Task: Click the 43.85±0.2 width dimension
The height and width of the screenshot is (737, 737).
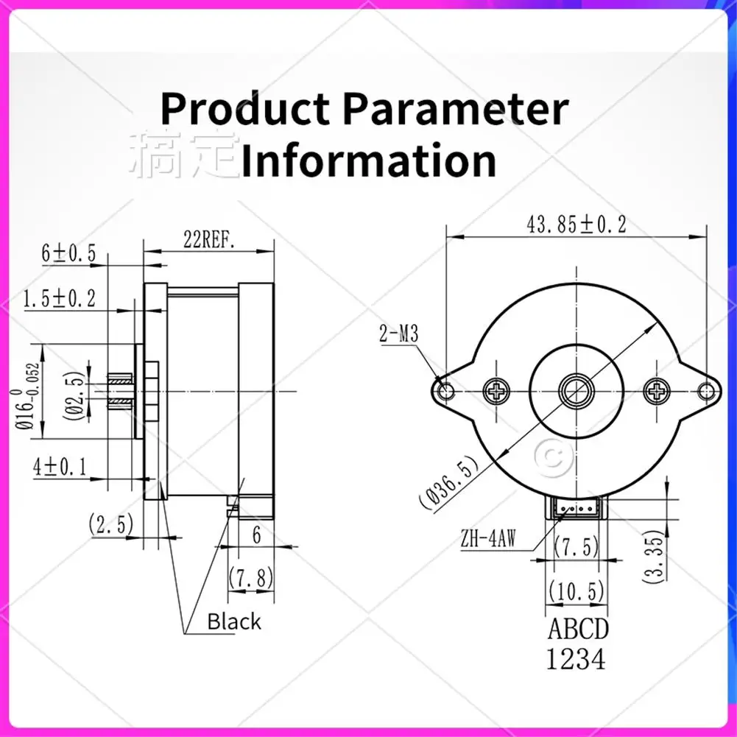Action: (576, 225)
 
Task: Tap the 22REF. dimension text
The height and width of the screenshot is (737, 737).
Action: (209, 240)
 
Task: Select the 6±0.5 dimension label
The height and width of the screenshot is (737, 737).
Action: (68, 253)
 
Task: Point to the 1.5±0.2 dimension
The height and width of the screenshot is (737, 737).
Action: (60, 298)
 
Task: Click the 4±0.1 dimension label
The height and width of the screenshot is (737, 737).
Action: (60, 467)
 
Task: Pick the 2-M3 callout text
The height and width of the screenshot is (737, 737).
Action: (398, 334)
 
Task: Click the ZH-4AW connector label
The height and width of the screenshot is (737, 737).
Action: (488, 538)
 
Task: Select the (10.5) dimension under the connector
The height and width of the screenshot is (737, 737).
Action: (576, 590)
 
